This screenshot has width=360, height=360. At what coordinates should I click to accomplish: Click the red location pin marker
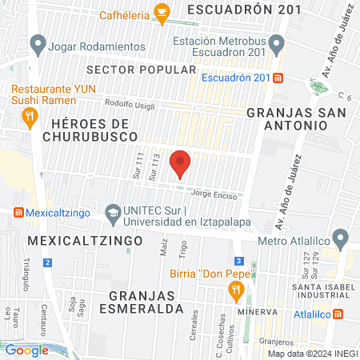[181, 162]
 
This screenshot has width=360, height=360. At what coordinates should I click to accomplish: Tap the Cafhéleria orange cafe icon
[162, 11]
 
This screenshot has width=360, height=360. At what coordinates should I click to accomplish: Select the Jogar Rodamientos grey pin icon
[36, 46]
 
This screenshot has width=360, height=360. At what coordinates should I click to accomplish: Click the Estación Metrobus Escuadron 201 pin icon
[277, 42]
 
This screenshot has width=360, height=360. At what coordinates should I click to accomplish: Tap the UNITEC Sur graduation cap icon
[114, 214]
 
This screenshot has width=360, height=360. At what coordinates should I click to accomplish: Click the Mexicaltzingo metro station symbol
[18, 214]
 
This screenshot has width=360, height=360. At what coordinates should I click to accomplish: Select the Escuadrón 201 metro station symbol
[278, 78]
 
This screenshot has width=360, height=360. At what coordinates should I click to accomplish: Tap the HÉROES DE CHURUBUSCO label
[89, 131]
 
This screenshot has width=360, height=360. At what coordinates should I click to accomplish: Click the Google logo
[27, 350]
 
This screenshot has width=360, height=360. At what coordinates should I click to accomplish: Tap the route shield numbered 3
[238, 261]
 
